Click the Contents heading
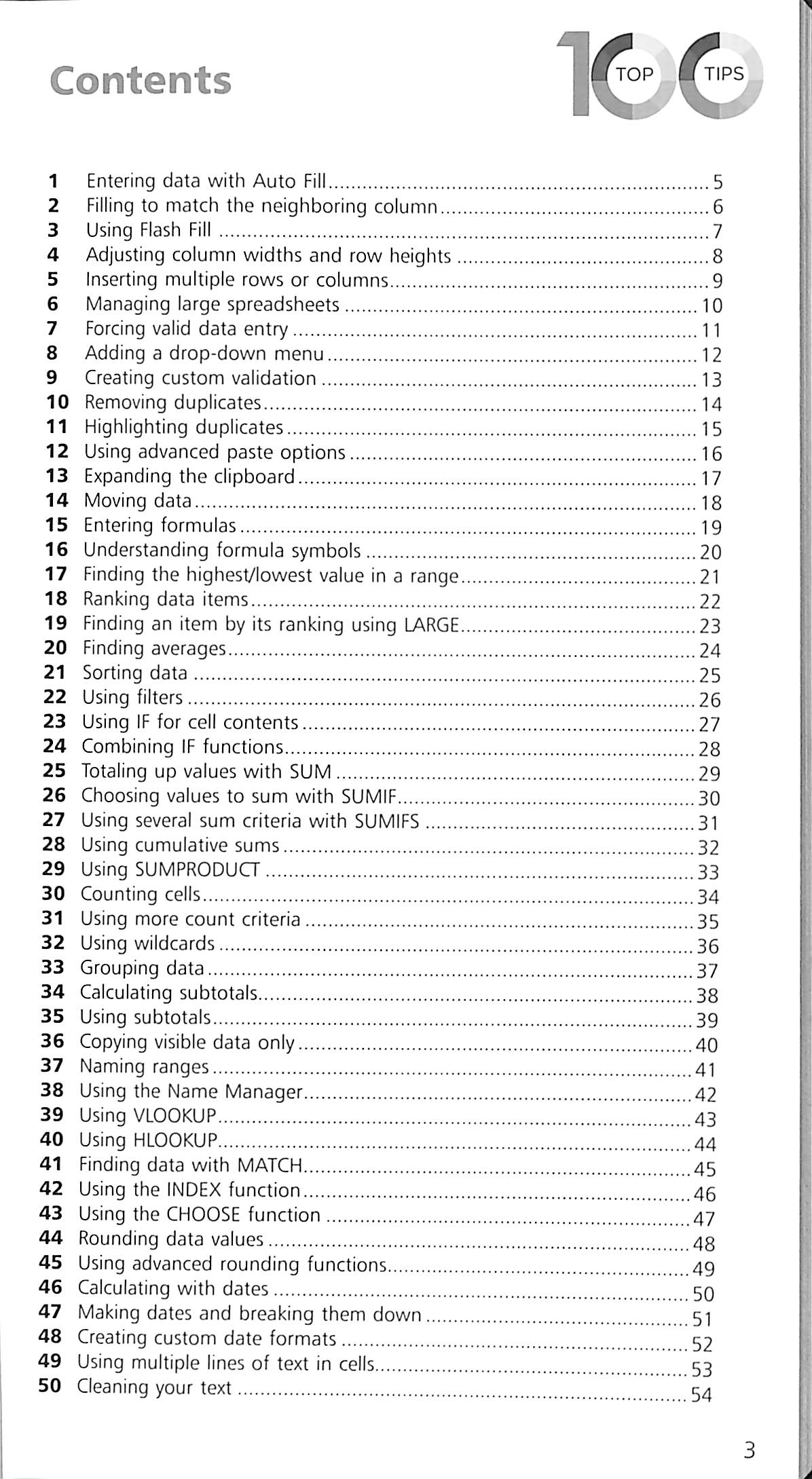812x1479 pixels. tap(141, 80)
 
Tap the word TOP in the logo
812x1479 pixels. tap(633, 74)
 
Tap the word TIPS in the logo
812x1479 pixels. tap(724, 74)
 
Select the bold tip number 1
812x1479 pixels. tap(54, 181)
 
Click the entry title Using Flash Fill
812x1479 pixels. tap(149, 230)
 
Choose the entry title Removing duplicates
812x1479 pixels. tap(172, 402)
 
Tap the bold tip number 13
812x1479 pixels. tap(57, 476)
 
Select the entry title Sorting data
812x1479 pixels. tap(134, 673)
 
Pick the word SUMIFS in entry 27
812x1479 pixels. tap(387, 821)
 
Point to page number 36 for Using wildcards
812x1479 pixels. tap(707, 946)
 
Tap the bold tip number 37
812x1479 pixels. tap(52, 1065)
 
